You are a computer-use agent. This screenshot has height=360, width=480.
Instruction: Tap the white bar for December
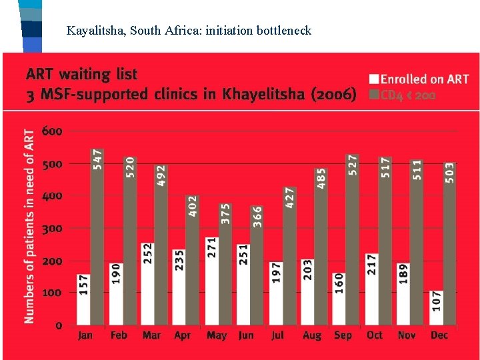(x=435, y=308)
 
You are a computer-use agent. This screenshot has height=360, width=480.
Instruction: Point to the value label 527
(x=353, y=165)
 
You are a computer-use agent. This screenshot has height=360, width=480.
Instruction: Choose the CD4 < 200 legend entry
(x=407, y=95)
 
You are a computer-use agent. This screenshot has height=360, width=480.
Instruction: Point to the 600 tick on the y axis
(x=52, y=131)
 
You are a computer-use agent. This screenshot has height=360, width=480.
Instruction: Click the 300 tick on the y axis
(x=52, y=229)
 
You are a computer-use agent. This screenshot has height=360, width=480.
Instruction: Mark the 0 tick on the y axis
(x=59, y=325)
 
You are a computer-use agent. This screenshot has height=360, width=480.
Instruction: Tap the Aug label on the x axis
(x=311, y=335)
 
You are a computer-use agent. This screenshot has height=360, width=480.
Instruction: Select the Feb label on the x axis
(x=118, y=335)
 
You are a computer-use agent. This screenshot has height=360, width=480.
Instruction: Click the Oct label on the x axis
(x=375, y=335)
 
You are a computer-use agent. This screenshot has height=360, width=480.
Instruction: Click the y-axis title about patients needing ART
(x=29, y=227)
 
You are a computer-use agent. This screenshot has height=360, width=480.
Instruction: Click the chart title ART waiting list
(x=82, y=74)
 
